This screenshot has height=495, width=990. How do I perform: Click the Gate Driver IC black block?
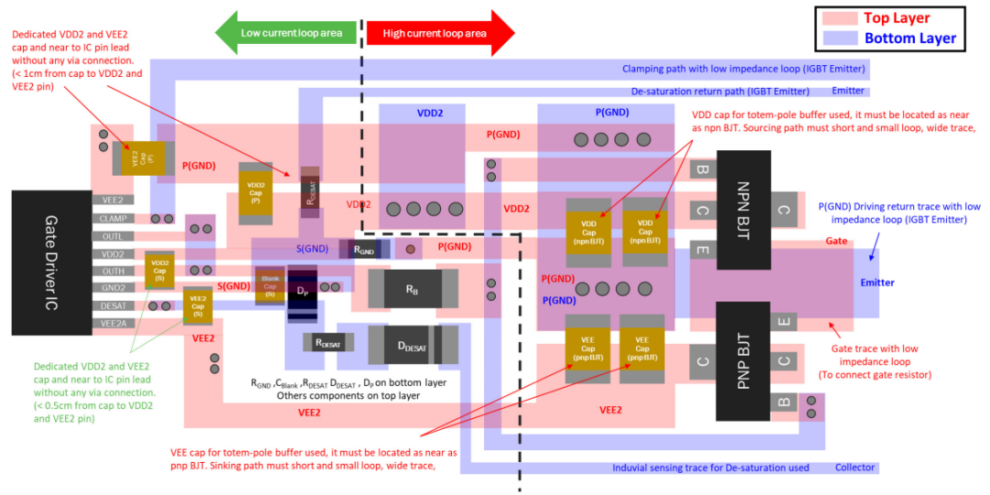(50, 262)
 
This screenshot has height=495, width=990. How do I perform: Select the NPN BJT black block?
(742, 210)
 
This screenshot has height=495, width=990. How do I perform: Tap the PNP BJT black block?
(742, 352)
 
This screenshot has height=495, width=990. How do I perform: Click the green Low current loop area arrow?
(285, 33)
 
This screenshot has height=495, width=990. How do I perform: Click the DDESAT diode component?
(412, 345)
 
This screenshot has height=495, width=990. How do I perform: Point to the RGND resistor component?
(364, 248)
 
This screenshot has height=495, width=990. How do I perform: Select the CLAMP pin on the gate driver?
(113, 218)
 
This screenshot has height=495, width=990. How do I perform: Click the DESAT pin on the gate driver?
(113, 305)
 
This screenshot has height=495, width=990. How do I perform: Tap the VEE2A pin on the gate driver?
(113, 324)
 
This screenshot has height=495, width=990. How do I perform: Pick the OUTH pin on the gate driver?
(113, 271)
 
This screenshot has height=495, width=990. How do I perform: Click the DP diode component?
(302, 292)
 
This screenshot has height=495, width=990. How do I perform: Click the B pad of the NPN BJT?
(702, 170)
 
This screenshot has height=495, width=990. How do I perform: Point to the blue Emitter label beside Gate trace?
(876, 282)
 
